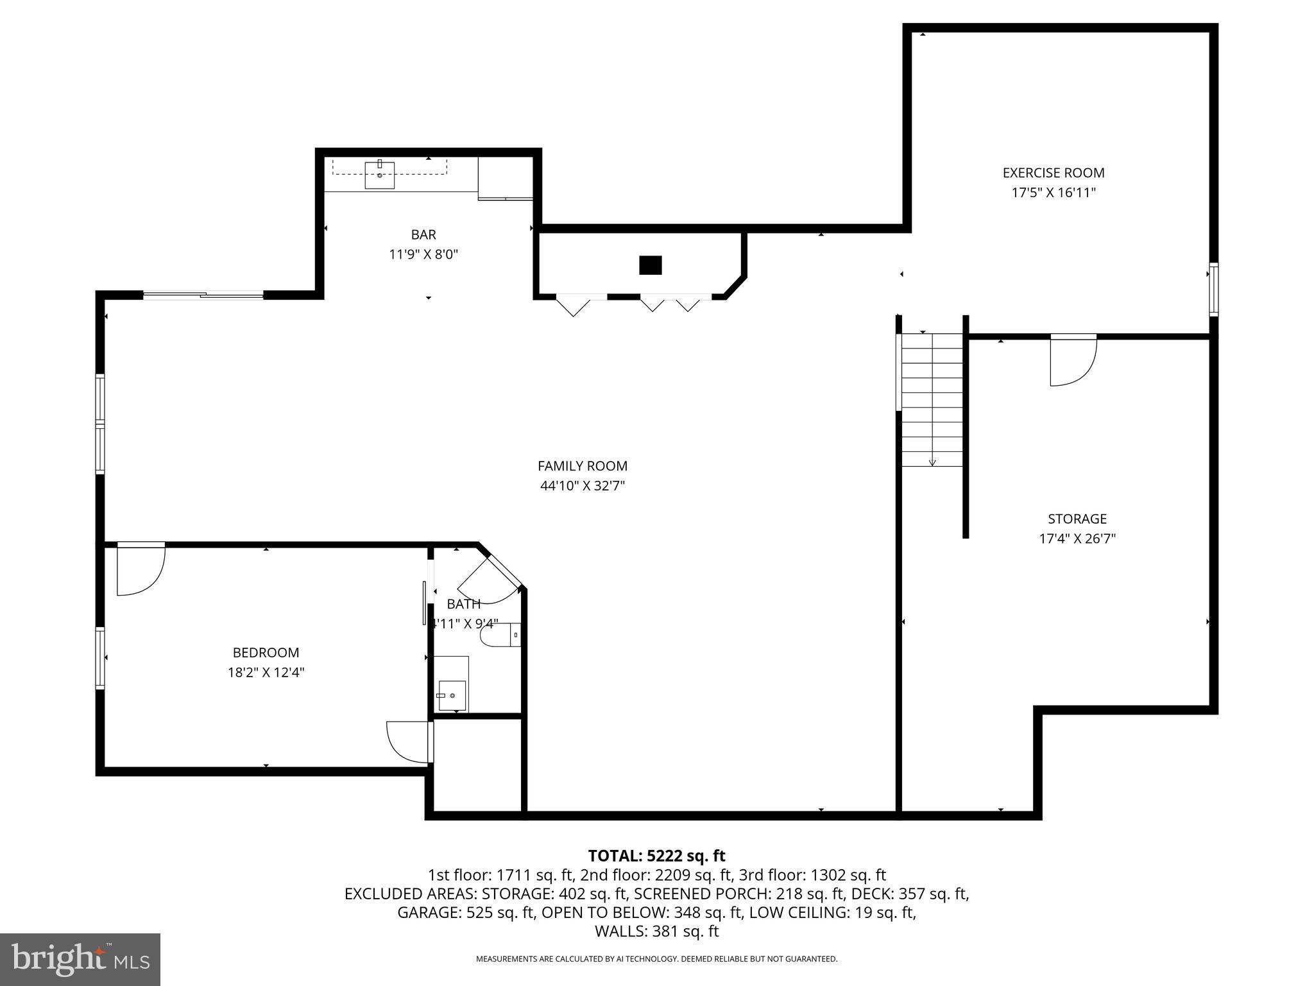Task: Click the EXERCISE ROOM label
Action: click(1054, 173)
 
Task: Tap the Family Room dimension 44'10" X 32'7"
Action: click(582, 486)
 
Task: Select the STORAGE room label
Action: click(1077, 519)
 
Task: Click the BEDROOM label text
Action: click(266, 653)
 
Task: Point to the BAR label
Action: click(423, 235)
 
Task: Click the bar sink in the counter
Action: click(379, 175)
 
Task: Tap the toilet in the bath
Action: click(498, 636)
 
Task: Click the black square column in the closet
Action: click(650, 265)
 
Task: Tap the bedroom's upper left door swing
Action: click(140, 570)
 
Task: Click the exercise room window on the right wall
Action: click(1213, 290)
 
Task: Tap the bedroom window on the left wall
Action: click(100, 658)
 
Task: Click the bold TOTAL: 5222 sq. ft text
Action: click(656, 856)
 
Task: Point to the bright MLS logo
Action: click(80, 960)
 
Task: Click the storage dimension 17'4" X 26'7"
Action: click(1077, 539)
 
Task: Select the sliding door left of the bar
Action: click(203, 295)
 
